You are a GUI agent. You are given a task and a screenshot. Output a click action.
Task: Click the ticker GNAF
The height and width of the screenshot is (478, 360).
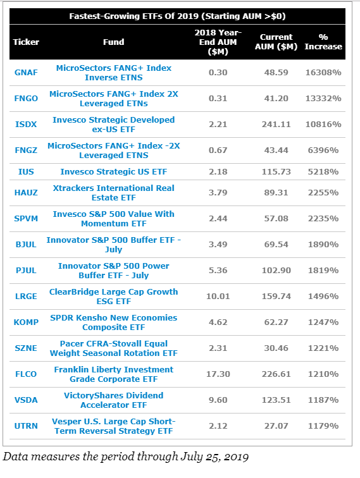(x=26, y=73)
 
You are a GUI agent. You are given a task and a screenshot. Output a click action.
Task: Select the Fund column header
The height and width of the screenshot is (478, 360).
(x=113, y=42)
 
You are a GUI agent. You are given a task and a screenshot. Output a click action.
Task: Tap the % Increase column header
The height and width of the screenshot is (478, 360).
(x=323, y=42)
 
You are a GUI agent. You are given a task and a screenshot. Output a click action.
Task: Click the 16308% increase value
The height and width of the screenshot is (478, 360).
(x=323, y=73)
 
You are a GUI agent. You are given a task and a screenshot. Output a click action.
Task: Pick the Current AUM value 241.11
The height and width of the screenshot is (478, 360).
(x=276, y=125)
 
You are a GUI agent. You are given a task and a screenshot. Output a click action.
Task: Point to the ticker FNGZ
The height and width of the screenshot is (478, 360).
(x=26, y=150)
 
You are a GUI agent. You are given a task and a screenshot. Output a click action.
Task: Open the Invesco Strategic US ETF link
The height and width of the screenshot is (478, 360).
(x=113, y=171)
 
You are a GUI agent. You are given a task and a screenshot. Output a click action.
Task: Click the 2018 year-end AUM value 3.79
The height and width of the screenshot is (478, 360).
(x=218, y=193)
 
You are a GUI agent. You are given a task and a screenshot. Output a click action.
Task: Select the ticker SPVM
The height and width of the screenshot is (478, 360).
(x=26, y=219)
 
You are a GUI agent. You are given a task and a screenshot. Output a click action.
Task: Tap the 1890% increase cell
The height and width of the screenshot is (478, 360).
(x=323, y=245)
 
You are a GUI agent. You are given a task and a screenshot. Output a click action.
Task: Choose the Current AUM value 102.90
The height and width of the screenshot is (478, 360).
(x=276, y=271)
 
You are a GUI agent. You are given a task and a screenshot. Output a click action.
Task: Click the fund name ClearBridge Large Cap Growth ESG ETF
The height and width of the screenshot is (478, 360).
(x=113, y=297)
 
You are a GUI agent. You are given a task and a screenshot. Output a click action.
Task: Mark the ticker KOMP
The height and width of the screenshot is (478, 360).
(x=26, y=322)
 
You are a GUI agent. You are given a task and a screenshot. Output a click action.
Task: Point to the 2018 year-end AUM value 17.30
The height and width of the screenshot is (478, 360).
(x=218, y=374)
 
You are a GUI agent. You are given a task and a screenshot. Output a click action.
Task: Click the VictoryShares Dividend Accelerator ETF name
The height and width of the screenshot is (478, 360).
(x=113, y=400)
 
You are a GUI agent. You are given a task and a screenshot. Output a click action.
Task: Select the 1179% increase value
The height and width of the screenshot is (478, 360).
(x=323, y=426)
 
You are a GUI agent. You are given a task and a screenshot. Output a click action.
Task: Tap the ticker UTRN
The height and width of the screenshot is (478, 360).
(x=26, y=426)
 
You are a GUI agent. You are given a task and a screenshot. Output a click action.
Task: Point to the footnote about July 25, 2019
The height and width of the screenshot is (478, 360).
(x=126, y=457)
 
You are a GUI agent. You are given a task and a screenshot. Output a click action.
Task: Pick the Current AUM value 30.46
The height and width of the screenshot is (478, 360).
(x=276, y=348)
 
